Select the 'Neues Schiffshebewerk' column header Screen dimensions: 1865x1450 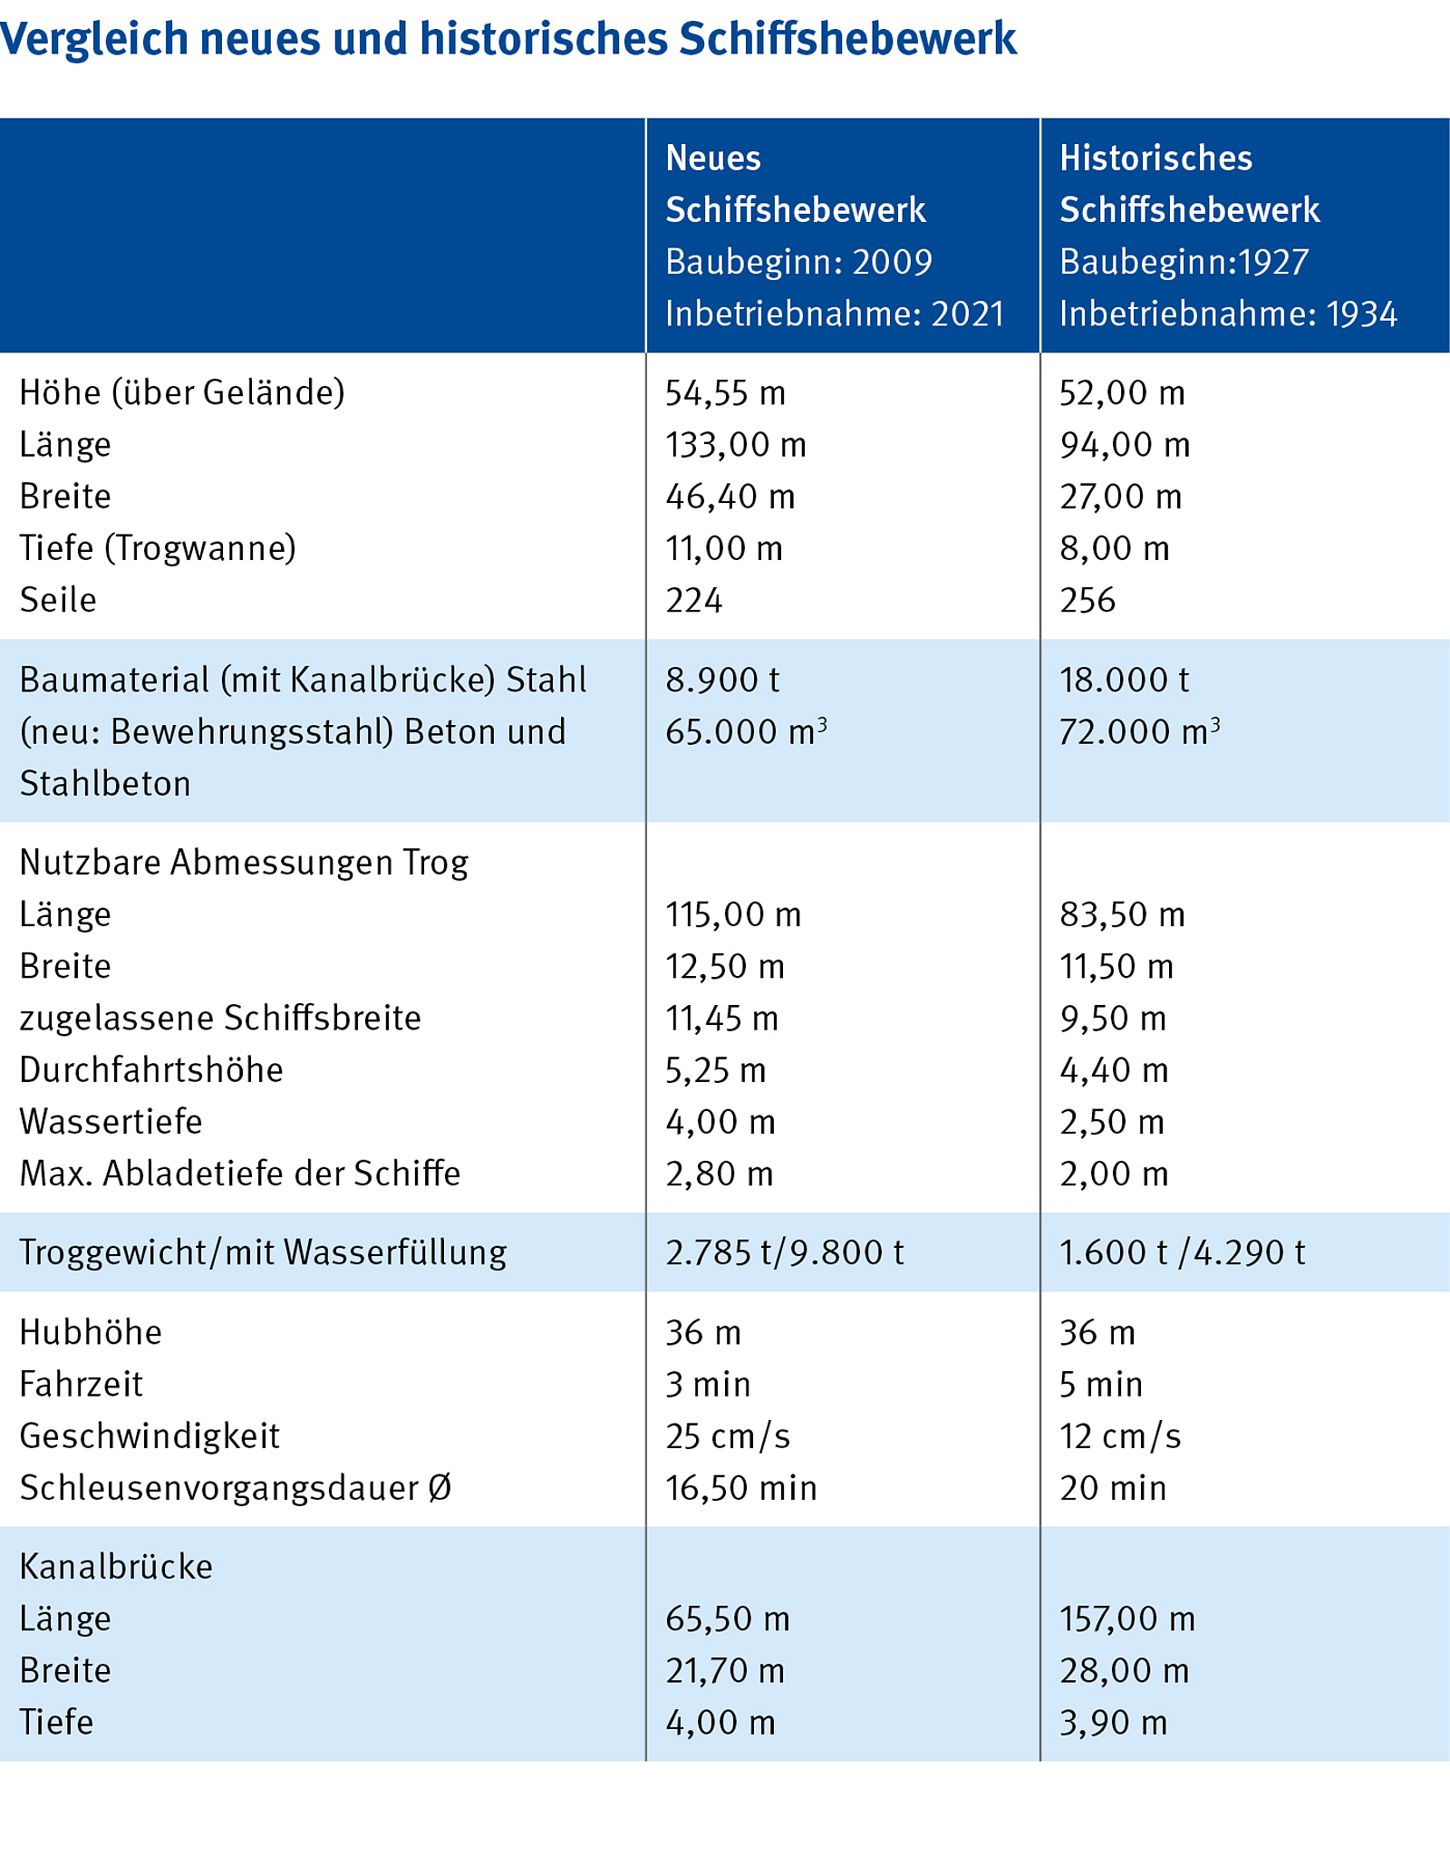pos(795,184)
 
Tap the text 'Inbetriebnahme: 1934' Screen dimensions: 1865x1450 pos(1228,314)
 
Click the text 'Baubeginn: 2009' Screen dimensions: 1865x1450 pos(798,263)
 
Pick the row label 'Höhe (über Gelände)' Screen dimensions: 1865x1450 pos(182,393)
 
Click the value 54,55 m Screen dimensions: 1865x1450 pos(725,393)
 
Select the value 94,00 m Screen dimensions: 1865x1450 pos(1125,445)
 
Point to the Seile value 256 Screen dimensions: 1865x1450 pos(1087,601)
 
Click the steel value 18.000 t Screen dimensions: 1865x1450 pos(1124,681)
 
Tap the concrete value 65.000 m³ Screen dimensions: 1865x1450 pos(746,732)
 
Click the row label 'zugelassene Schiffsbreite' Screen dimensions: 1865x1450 pos(220,1019)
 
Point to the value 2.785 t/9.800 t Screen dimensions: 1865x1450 pos(785,1253)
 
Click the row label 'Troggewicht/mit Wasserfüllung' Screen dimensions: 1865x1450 pos(263,1253)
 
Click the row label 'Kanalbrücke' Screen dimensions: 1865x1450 pos(116,1567)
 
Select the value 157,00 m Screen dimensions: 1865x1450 pos(1127,1619)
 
